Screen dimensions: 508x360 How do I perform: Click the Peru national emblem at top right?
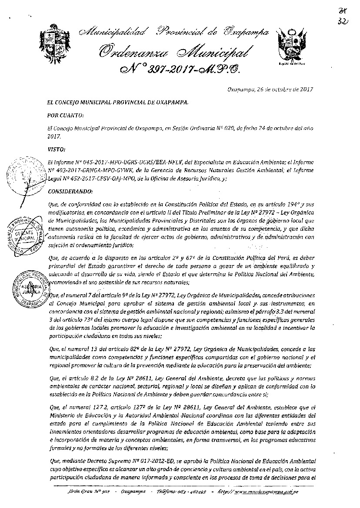[290, 45]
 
